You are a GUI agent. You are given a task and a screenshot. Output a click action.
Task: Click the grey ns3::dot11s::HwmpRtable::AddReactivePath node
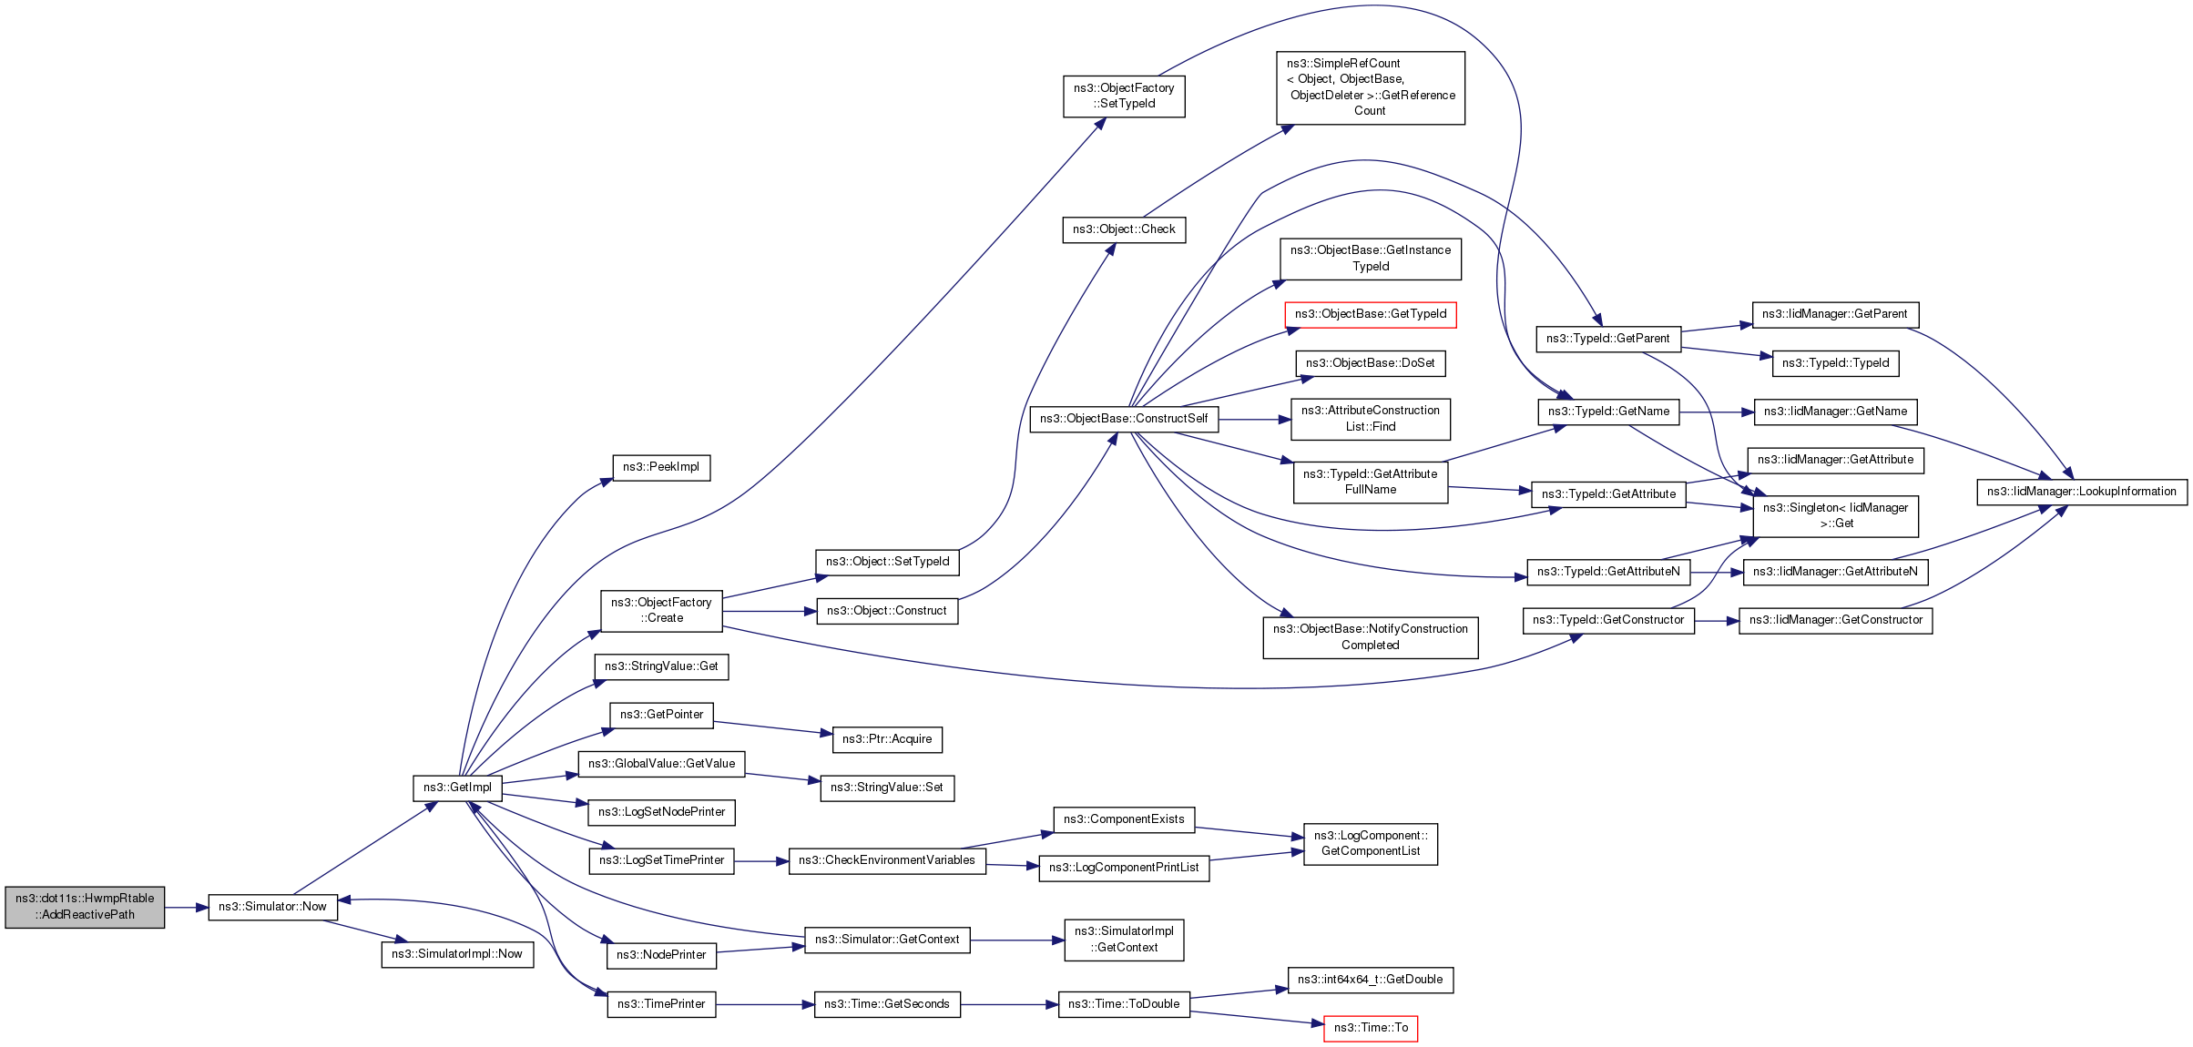[85, 907]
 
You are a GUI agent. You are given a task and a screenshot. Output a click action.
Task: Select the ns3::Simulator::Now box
[272, 907]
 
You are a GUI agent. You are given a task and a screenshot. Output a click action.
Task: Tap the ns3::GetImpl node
[457, 788]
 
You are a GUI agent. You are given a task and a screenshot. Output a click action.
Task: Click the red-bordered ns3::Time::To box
[1371, 1028]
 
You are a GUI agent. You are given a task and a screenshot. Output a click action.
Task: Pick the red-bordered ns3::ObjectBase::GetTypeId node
[1371, 314]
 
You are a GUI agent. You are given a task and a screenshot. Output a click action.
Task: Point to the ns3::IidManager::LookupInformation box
[2082, 492]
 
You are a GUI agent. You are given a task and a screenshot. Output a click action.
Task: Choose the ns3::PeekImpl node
[661, 467]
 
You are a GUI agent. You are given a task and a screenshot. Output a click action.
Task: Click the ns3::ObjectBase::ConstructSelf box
[1124, 419]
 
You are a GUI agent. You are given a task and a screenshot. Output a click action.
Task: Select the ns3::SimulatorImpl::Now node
[457, 954]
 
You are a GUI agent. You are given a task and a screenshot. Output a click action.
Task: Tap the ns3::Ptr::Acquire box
[887, 739]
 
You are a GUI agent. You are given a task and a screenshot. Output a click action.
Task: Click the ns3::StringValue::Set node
[887, 788]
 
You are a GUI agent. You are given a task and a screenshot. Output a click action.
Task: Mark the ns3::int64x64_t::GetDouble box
[1371, 980]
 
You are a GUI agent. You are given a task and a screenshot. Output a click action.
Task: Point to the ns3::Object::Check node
[1124, 229]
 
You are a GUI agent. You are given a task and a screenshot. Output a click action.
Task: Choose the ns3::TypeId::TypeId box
[1835, 363]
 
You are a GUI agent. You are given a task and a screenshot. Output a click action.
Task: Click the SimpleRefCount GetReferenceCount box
[1371, 87]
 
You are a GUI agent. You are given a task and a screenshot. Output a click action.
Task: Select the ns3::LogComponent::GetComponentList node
[1371, 843]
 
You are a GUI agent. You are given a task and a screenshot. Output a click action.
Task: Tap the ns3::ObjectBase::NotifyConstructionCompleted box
[1371, 637]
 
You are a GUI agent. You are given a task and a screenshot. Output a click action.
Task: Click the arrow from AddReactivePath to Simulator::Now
[187, 908]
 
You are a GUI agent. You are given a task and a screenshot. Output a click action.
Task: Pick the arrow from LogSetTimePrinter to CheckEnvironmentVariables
[761, 860]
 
